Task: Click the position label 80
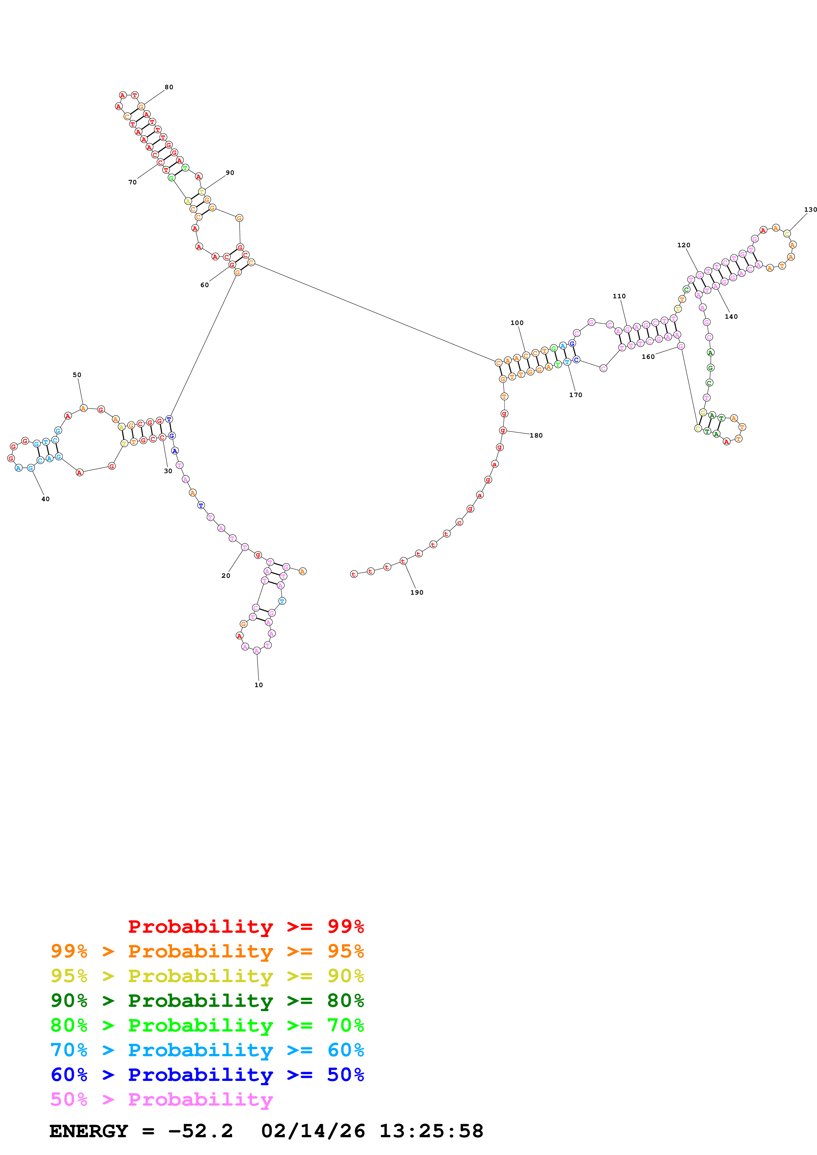click(x=169, y=87)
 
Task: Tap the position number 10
click(x=258, y=685)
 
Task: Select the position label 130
click(x=810, y=209)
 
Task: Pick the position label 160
click(x=648, y=357)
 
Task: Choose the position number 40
click(x=45, y=499)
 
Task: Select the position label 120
click(x=683, y=245)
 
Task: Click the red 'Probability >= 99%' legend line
click(x=246, y=926)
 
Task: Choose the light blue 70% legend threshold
click(x=69, y=1050)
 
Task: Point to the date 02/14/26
click(x=313, y=1131)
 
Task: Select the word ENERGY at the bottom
click(x=89, y=1131)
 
